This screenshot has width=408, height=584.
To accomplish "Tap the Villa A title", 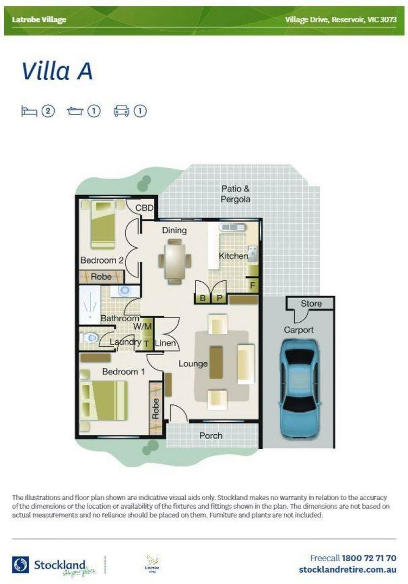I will click(x=57, y=71).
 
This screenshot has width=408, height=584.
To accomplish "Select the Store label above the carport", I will click(x=311, y=304).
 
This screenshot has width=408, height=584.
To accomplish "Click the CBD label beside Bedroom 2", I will click(x=144, y=208).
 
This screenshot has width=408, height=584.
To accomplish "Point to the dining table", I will click(x=174, y=261).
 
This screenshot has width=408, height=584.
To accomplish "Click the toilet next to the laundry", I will click(x=90, y=339).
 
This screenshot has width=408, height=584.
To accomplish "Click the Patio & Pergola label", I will click(x=236, y=194).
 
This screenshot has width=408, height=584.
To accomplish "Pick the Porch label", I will click(x=211, y=435).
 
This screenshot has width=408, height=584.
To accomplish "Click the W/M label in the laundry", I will click(x=143, y=327).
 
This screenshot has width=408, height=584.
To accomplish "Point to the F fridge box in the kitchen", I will click(x=253, y=285).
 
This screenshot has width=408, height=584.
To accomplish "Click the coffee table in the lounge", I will click(x=216, y=363).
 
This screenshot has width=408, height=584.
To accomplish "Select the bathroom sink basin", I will click(x=125, y=290).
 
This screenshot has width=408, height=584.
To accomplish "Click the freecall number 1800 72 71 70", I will click(x=368, y=558).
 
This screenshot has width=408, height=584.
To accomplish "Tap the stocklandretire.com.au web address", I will click(x=347, y=569).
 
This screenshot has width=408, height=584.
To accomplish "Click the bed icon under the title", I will click(x=29, y=111).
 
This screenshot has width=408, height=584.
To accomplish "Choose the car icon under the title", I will click(x=121, y=111).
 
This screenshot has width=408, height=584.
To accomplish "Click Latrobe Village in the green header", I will click(x=39, y=20).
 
